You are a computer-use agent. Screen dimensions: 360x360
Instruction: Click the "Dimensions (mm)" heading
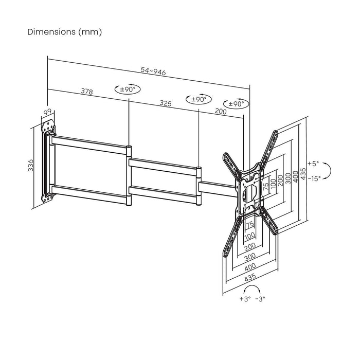[x=64, y=32]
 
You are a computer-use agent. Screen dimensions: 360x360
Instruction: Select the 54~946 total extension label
[x=153, y=72]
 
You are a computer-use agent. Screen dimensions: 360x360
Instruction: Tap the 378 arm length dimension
[x=87, y=92]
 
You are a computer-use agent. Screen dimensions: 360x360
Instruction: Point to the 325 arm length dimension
[x=166, y=103]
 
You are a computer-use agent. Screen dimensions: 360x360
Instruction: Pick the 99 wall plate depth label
[x=48, y=112]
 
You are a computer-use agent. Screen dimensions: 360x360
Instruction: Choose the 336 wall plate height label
[x=30, y=165]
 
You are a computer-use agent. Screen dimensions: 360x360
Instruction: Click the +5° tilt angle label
[x=313, y=164]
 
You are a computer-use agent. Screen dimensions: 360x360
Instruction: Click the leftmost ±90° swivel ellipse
[x=128, y=89]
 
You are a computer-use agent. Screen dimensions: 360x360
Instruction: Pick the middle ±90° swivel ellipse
[x=199, y=99]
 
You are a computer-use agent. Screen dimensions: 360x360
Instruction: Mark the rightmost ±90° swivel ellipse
[x=236, y=104]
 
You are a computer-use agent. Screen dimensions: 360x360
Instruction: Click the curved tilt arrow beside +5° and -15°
[x=332, y=171]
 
